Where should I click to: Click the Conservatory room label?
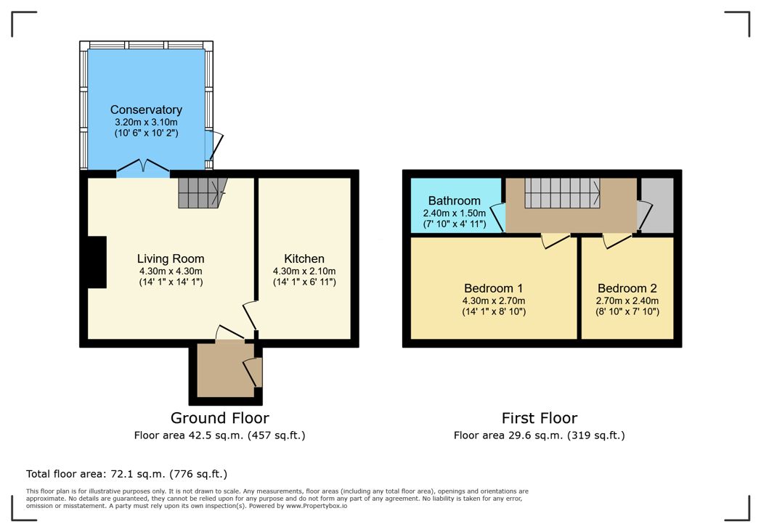146,110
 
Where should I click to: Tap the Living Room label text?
171,258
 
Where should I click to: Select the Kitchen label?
304,258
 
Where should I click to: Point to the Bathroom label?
454,201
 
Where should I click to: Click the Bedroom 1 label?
494,287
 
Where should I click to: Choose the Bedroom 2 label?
627,287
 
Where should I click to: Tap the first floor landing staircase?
561,192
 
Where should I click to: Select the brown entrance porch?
221,369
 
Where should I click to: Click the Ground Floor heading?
219,418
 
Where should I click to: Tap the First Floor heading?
540,418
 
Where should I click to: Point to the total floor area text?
127,474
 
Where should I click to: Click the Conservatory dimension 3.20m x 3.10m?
146,122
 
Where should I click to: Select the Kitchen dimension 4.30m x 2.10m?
304,271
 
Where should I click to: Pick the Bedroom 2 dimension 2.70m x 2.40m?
627,300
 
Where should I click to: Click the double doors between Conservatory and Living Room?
143,168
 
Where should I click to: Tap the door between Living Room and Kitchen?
251,316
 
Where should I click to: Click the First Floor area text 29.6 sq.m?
540,435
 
